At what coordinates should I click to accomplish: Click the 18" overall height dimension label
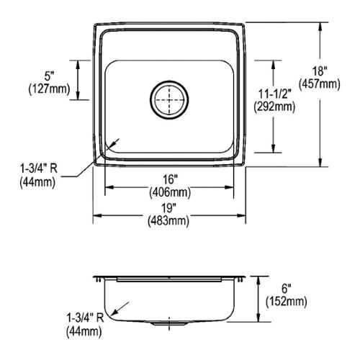[320, 71]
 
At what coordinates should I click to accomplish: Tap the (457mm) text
[320, 84]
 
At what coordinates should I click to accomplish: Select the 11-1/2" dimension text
[274, 94]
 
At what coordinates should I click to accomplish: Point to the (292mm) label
[274, 107]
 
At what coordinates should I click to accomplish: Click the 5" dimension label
[49, 76]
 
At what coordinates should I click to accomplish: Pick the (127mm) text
[49, 89]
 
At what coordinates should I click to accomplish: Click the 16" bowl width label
[170, 179]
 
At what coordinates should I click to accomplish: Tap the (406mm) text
[170, 192]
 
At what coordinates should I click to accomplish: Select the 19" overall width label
[168, 208]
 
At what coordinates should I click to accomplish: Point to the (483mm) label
[168, 220]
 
